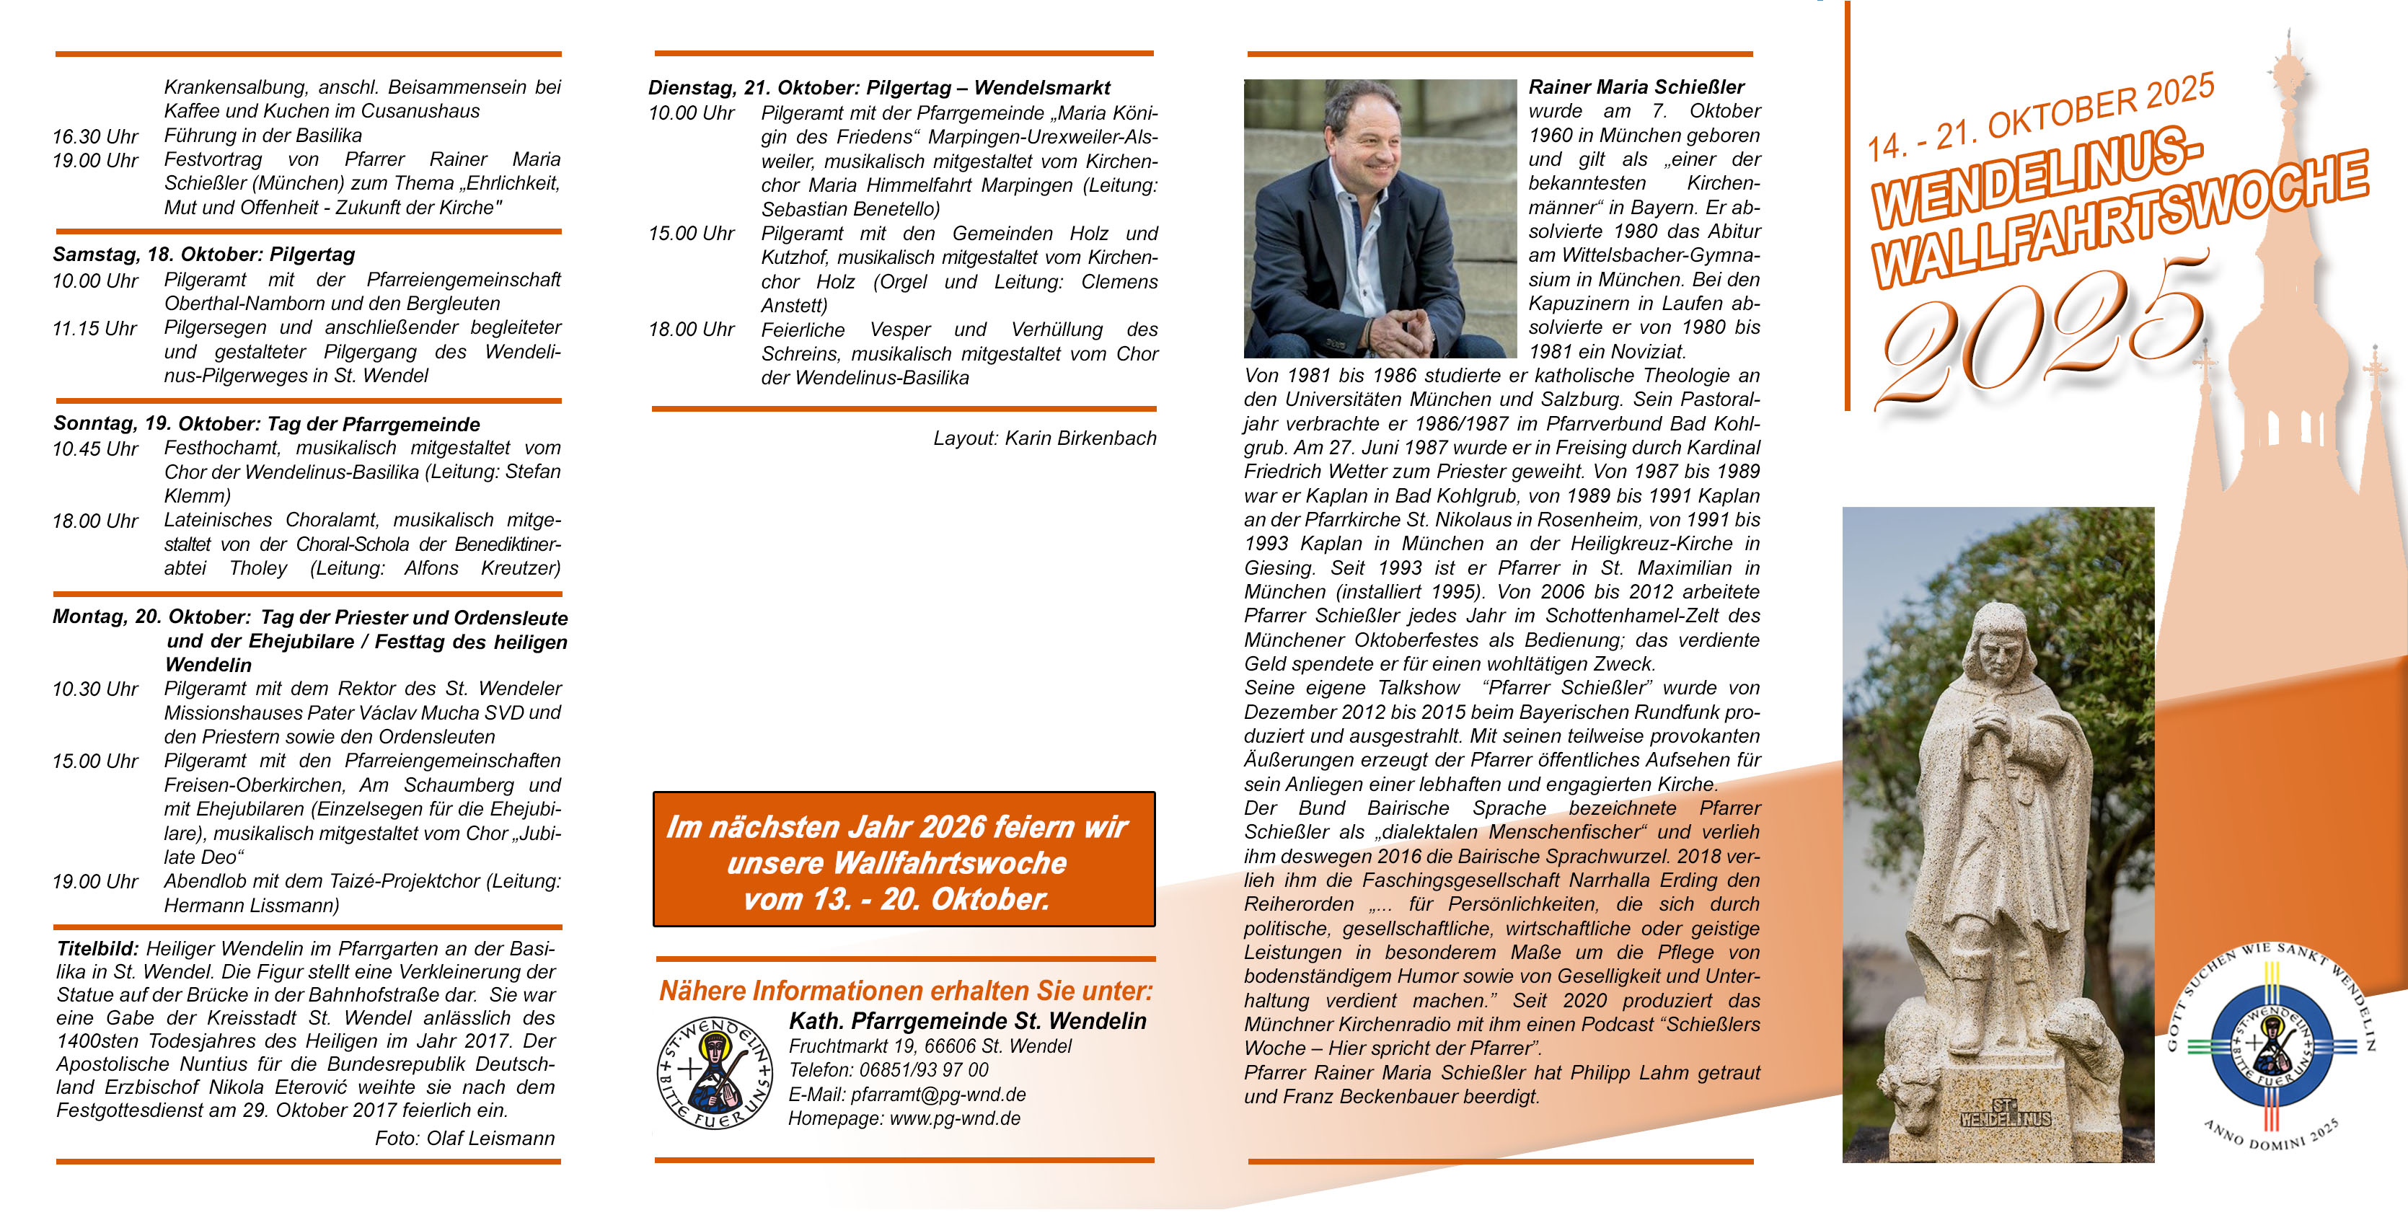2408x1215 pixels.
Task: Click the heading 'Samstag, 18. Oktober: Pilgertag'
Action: pyautogui.click(x=204, y=255)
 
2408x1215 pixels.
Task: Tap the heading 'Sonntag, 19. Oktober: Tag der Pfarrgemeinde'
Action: pyautogui.click(x=266, y=423)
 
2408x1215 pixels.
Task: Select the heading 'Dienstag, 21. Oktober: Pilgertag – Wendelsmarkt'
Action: pyautogui.click(x=878, y=88)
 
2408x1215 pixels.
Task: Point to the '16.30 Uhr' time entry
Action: pyautogui.click(x=94, y=136)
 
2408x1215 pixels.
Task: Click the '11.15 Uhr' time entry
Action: pyautogui.click(x=94, y=328)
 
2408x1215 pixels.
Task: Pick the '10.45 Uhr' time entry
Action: pyautogui.click(x=94, y=449)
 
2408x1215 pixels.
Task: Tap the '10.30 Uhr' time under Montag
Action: pyautogui.click(x=94, y=689)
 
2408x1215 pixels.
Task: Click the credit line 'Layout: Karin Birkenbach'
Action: pyautogui.click(x=1044, y=438)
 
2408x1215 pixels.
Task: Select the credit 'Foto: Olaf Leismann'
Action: pyautogui.click(x=464, y=1139)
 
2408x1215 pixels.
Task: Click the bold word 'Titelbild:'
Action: pyautogui.click(x=97, y=949)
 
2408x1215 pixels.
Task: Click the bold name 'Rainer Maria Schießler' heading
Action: pyautogui.click(x=1636, y=87)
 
